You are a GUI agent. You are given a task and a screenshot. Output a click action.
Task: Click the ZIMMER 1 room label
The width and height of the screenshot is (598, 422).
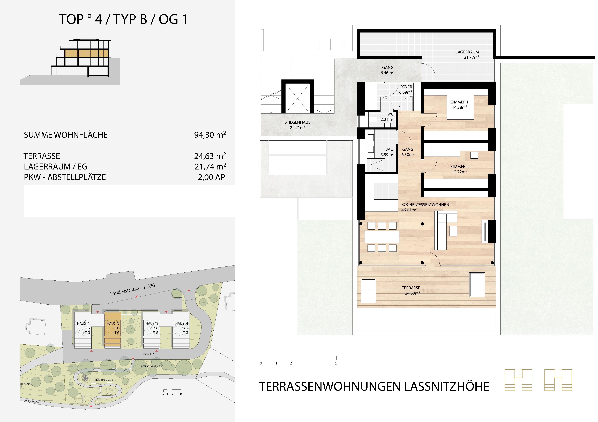tap(459, 104)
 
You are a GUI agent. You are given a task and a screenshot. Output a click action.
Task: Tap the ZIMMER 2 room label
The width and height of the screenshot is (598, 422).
tap(459, 169)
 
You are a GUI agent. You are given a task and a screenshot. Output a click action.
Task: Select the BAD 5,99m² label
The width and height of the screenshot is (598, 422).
tap(387, 152)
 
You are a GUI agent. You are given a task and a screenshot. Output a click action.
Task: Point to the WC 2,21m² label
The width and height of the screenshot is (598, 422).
tap(387, 117)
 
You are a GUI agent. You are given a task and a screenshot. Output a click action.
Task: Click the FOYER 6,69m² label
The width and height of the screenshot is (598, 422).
tap(406, 90)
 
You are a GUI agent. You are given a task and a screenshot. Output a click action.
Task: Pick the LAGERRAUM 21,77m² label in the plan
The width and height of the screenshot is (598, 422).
tap(467, 54)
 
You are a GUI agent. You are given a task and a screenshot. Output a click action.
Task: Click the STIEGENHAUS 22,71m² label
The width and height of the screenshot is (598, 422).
tap(297, 125)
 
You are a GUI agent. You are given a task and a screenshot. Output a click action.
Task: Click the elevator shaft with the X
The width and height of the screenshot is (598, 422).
tap(297, 98)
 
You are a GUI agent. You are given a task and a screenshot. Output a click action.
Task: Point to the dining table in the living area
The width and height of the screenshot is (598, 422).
tap(382, 237)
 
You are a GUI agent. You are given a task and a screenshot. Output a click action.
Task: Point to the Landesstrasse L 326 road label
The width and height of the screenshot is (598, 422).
tap(132, 290)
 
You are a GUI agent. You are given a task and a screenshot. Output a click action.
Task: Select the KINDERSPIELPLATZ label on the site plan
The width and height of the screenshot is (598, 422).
tap(103, 380)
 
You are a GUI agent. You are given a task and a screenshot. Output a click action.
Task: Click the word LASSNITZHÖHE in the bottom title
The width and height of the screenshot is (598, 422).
tap(446, 386)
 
